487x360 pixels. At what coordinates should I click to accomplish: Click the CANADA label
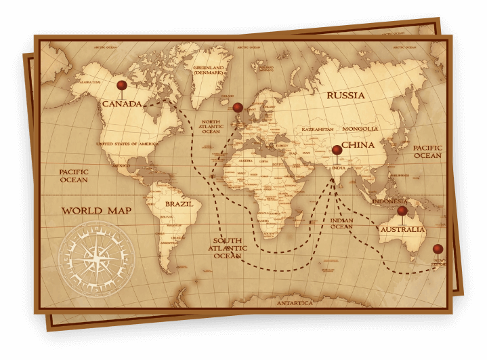122,104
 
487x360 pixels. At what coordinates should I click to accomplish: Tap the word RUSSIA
345,96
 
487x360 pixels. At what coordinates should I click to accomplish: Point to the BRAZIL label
179,203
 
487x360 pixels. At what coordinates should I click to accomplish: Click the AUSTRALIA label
402,230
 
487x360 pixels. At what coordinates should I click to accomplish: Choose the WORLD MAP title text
96,211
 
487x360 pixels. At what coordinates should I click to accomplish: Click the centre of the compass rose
96,258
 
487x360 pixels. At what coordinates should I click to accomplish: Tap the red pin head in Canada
121,85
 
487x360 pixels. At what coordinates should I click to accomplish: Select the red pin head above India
337,150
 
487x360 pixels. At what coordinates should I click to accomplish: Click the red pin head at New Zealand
438,249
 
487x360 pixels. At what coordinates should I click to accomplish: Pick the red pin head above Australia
402,211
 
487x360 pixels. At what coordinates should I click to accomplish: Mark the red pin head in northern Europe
238,107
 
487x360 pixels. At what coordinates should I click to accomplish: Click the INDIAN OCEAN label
341,224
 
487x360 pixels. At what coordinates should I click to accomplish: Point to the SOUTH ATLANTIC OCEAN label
228,248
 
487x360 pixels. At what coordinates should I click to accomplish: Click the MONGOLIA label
360,129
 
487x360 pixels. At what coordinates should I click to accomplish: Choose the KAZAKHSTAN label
317,129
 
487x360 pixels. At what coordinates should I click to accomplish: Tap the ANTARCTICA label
295,303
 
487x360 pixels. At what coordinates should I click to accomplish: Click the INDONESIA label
389,201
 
